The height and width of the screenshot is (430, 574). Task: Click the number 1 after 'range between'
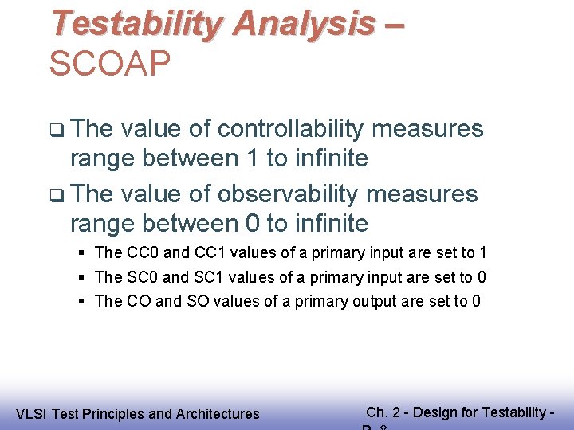pos(251,158)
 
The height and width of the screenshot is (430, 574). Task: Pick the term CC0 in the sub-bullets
pos(143,253)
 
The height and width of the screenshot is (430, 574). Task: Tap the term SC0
pos(143,277)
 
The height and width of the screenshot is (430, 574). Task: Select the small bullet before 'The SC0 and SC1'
pos(82,278)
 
